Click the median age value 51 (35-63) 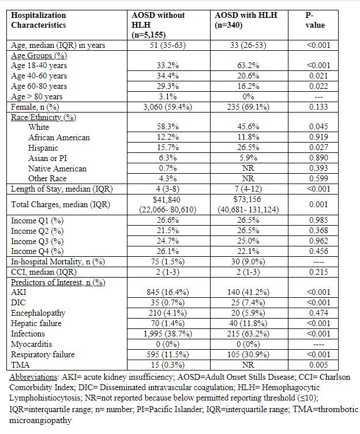pyautogui.click(x=167, y=45)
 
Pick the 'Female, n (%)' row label pyautogui.click(x=35, y=107)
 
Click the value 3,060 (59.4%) pyautogui.click(x=167, y=107)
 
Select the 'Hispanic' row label pyautogui.click(x=44, y=148)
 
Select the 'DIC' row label pyautogui.click(x=19, y=302)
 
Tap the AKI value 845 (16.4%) pyautogui.click(x=167, y=293)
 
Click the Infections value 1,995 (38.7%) pyautogui.click(x=167, y=334)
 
